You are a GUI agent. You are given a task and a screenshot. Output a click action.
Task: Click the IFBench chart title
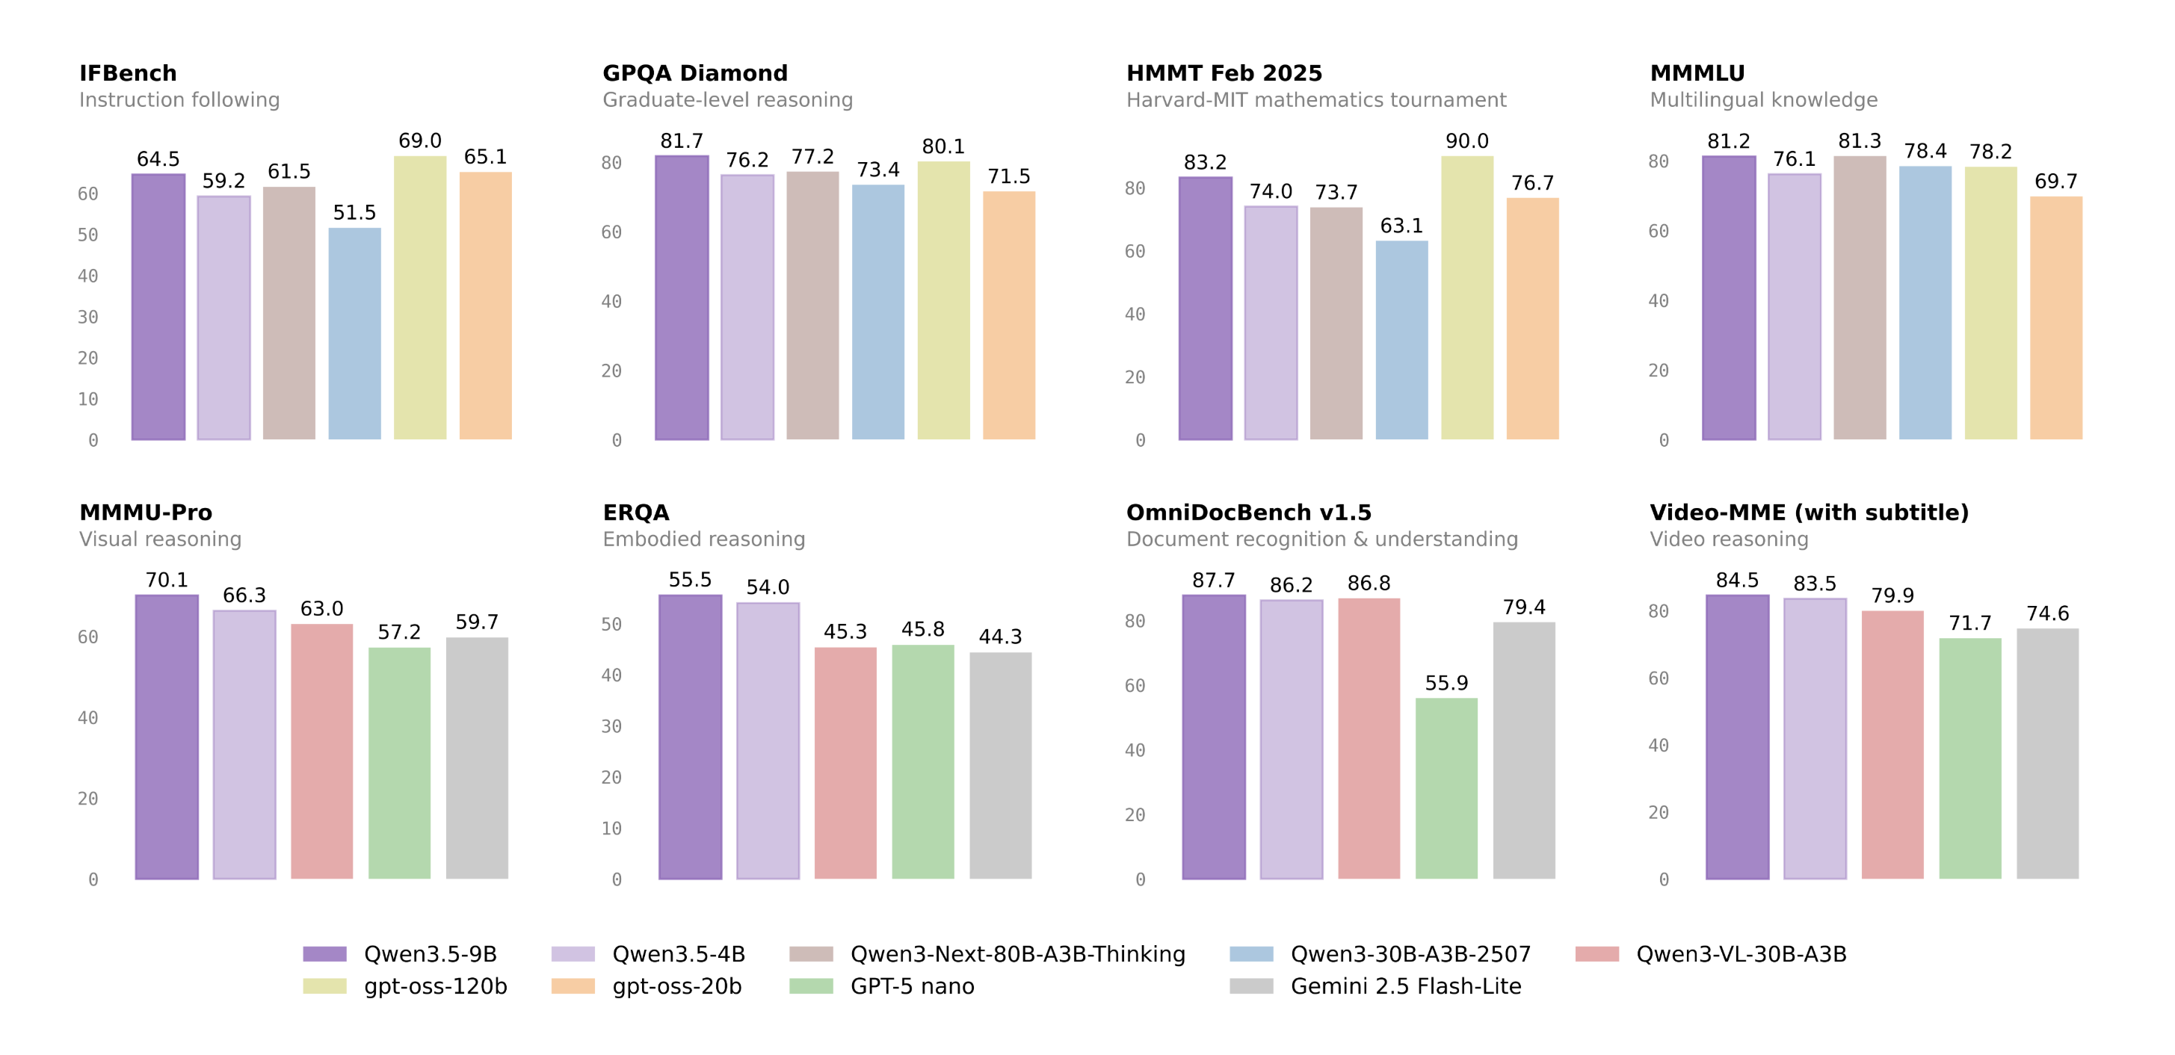click(129, 73)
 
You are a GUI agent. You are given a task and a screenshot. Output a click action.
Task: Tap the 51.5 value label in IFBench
click(354, 213)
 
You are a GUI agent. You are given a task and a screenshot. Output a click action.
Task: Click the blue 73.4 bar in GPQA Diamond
click(877, 312)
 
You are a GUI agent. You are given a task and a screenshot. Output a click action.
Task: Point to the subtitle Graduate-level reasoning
click(727, 100)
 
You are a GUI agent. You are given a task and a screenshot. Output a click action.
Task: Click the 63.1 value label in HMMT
click(1401, 226)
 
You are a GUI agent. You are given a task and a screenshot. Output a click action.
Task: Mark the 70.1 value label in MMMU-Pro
click(167, 581)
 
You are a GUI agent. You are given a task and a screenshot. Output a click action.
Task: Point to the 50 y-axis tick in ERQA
click(611, 625)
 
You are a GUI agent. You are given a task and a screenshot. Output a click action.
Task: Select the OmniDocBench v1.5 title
click(1248, 513)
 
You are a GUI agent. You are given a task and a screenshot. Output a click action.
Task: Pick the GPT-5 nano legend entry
click(881, 986)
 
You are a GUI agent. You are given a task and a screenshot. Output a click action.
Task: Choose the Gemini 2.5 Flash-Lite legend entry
click(1375, 986)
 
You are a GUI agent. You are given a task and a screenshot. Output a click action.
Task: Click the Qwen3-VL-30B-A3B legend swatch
click(1596, 953)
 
